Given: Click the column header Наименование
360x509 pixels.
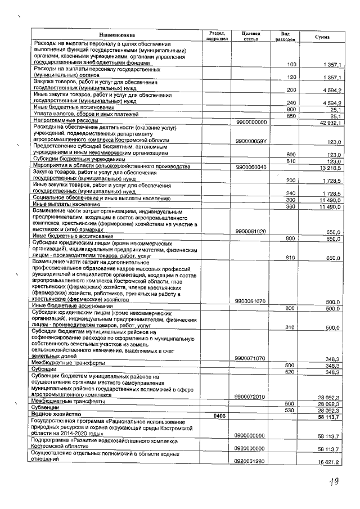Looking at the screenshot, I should [116, 35].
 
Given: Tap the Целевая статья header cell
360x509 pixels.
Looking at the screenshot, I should [249, 35].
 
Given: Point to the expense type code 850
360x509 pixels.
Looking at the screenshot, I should [291, 116].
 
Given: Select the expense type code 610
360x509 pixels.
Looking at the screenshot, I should [291, 161].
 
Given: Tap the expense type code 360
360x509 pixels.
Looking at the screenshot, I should [291, 206].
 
